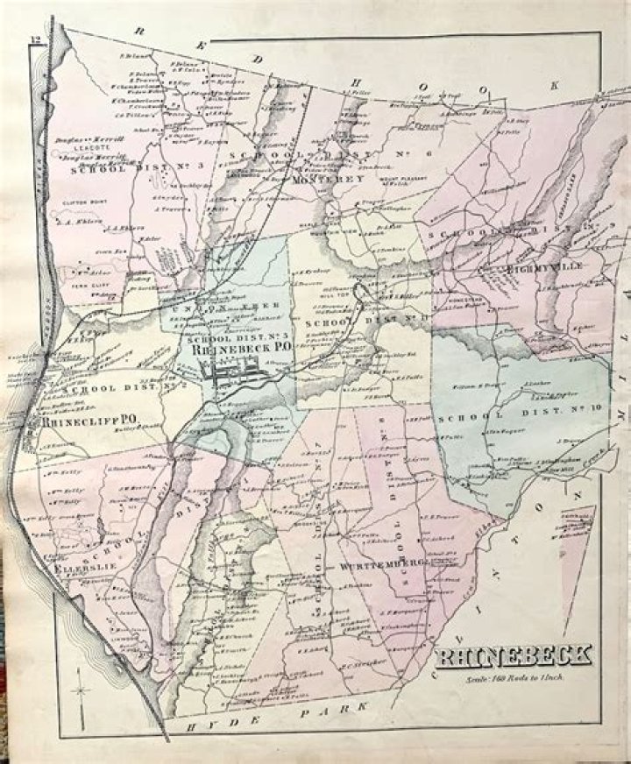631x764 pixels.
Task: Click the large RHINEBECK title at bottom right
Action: click(x=514, y=655)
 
